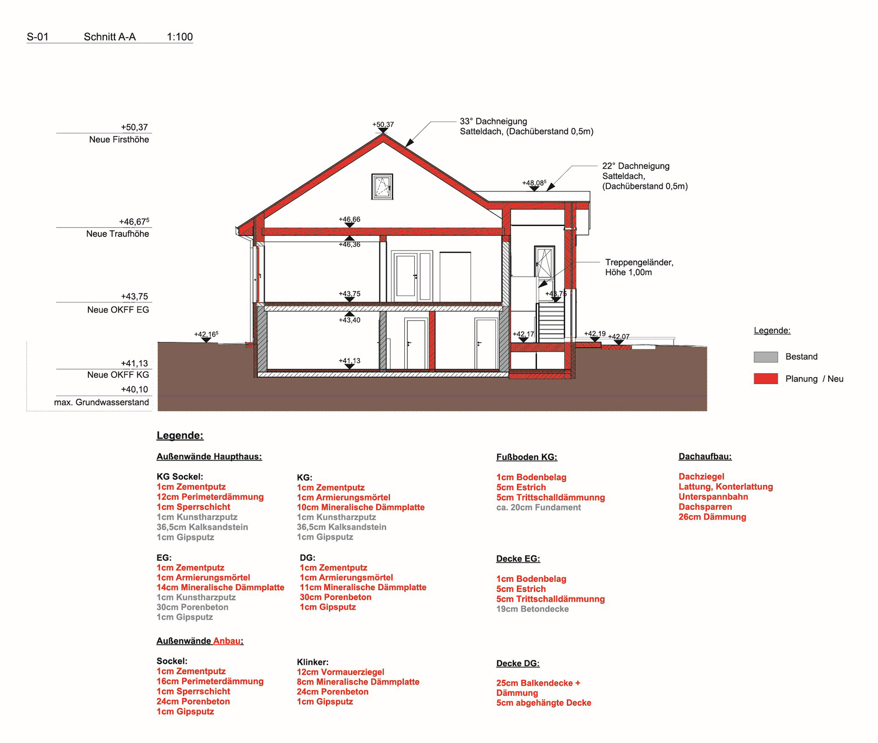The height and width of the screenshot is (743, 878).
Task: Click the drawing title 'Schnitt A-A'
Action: point(110,37)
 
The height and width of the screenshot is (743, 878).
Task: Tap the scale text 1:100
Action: point(180,37)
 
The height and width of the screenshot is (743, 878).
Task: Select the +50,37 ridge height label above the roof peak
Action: point(383,124)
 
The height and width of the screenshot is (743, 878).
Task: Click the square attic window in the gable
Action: point(382,186)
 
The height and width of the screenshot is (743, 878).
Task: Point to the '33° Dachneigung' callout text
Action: point(493,122)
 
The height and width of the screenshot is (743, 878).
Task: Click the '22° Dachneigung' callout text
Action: point(636,166)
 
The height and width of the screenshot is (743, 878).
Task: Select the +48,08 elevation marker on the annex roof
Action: point(534,183)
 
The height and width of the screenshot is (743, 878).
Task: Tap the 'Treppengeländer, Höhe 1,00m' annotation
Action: point(639,267)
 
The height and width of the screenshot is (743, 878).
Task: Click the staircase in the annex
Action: point(551,322)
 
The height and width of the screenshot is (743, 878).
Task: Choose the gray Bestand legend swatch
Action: point(766,357)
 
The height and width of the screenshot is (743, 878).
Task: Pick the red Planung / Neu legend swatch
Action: point(766,379)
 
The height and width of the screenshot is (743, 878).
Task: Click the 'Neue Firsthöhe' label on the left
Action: point(119,140)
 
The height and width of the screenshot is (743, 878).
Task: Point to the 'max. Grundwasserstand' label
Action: point(102,403)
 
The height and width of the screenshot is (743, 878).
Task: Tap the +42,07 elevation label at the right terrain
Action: point(619,337)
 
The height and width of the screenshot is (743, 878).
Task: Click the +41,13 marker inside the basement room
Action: point(349,361)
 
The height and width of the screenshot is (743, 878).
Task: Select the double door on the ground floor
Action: point(412,276)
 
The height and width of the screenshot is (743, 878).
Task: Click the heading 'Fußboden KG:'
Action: point(526,457)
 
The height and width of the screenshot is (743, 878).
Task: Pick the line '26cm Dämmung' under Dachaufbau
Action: point(712,517)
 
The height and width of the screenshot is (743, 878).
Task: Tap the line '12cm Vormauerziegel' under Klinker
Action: point(340,672)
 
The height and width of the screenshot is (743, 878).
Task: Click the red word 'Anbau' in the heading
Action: point(227,641)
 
